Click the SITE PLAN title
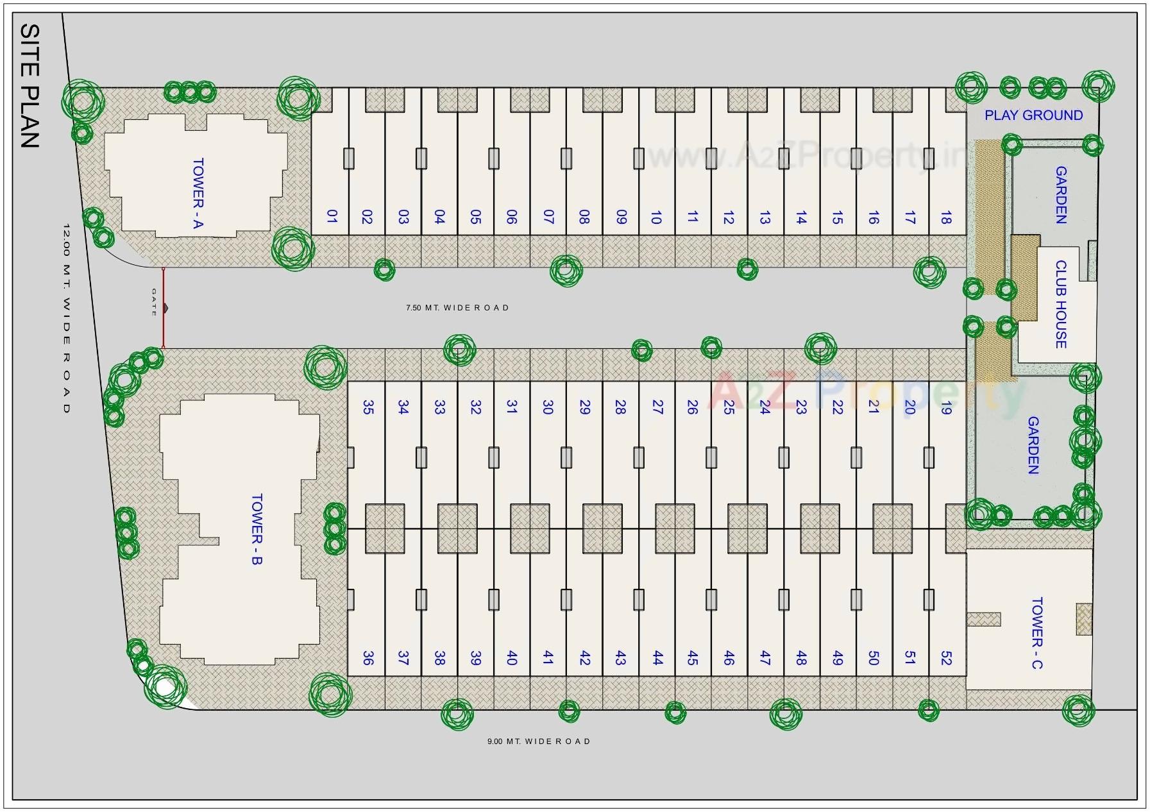pyautogui.click(x=30, y=86)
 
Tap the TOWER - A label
pyautogui.click(x=198, y=194)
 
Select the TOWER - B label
pyautogui.click(x=257, y=529)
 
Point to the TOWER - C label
pyautogui.click(x=1037, y=633)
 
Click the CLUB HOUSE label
pyautogui.click(x=1061, y=304)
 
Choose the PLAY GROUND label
pyautogui.click(x=1033, y=115)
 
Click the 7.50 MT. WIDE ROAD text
pyautogui.click(x=457, y=308)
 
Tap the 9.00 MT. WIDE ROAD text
pyautogui.click(x=539, y=741)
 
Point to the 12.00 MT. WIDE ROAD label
pyautogui.click(x=66, y=318)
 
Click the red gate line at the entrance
pyautogui.click(x=163, y=308)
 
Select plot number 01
pyautogui.click(x=331, y=217)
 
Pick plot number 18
pyautogui.click(x=945, y=217)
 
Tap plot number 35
pyautogui.click(x=368, y=407)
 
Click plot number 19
pyautogui.click(x=945, y=407)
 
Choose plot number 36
pyautogui.click(x=368, y=658)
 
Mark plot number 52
pyautogui.click(x=945, y=658)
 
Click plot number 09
pyautogui.click(x=620, y=217)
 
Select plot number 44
pyautogui.click(x=657, y=658)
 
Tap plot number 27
pyautogui.click(x=657, y=407)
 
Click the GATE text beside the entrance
pyautogui.click(x=154, y=303)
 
